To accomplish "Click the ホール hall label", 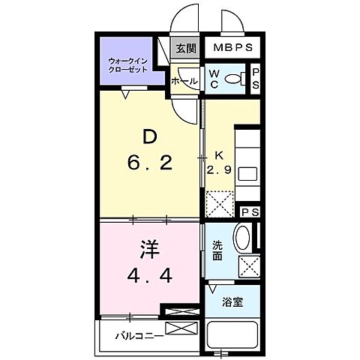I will (184, 81).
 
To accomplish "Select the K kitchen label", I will (219, 155).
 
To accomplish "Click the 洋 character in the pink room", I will (148, 248).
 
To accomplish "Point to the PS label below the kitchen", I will (249, 212).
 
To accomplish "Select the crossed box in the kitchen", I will (219, 202).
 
